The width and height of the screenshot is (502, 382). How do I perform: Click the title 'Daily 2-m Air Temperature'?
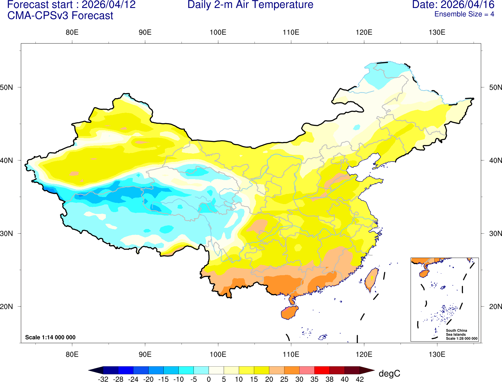click(x=250, y=5)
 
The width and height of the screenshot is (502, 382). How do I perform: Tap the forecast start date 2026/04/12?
click(x=109, y=5)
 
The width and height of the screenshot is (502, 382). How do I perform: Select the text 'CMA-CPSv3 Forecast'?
click(x=60, y=16)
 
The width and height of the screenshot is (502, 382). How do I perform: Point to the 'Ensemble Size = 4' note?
click(x=464, y=14)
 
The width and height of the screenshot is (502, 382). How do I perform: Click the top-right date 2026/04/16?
click(x=468, y=5)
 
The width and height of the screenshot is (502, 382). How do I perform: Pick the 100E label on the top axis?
click(x=218, y=33)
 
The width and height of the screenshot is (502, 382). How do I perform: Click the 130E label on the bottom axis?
click(x=437, y=354)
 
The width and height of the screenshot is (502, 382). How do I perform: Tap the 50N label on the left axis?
click(x=7, y=87)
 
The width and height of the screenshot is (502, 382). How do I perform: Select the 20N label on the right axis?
click(x=495, y=307)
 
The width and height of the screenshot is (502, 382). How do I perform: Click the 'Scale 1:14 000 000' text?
click(x=50, y=337)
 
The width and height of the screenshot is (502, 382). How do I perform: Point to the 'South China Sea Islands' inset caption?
click(x=456, y=332)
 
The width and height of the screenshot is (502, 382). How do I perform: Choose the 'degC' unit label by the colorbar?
click(x=389, y=374)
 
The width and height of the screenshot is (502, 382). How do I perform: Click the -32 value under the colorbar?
click(x=103, y=379)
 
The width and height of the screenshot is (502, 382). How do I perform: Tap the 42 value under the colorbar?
click(x=360, y=379)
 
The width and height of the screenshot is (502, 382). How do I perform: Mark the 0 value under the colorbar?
click(x=209, y=379)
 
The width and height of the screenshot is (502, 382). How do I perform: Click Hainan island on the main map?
click(x=289, y=312)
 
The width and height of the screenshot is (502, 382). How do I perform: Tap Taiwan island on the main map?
click(x=372, y=279)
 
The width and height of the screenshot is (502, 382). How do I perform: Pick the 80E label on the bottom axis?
click(x=72, y=354)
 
